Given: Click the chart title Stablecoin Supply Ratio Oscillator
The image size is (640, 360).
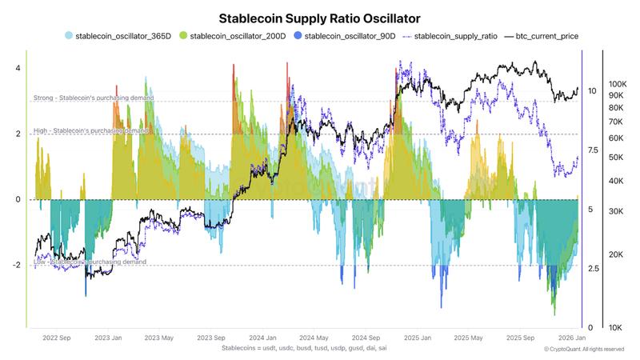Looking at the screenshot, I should click(x=320, y=17).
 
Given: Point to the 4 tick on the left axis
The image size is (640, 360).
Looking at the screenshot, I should click(x=17, y=68).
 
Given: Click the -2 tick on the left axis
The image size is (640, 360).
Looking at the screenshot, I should click(x=15, y=265).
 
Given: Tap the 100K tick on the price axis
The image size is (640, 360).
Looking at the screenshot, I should click(x=618, y=84).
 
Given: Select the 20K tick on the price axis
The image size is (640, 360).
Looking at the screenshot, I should click(x=618, y=254).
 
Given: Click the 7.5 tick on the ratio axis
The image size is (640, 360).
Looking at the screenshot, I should click(x=592, y=150).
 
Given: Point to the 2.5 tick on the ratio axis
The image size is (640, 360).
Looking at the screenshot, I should click(x=592, y=269).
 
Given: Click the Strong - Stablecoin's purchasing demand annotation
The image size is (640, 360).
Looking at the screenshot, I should click(x=94, y=98).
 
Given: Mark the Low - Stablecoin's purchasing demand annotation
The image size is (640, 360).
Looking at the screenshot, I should click(x=90, y=262).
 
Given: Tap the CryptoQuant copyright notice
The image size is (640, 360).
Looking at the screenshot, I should click(x=583, y=350).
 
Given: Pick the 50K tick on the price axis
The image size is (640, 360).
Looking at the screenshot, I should click(x=618, y=158).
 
